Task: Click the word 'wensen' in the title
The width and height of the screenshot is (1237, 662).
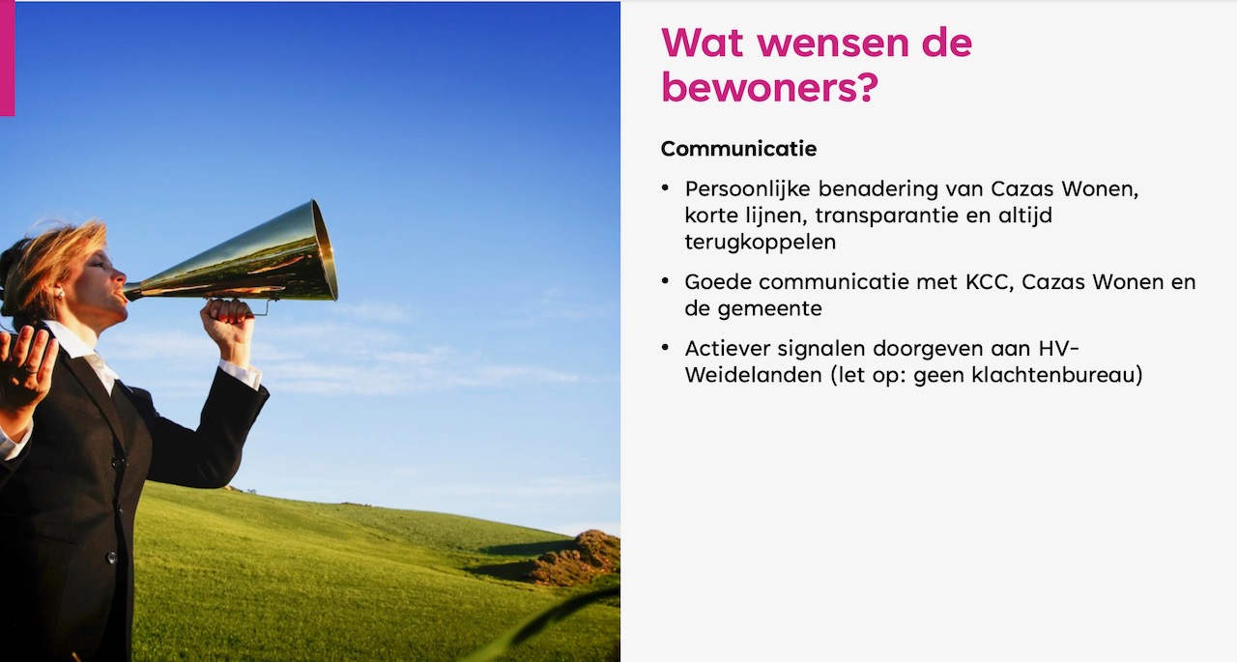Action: pyautogui.click(x=834, y=44)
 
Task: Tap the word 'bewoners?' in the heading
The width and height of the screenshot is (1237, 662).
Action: pyautogui.click(x=769, y=88)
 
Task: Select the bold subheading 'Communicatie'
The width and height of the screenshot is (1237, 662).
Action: pyautogui.click(x=738, y=149)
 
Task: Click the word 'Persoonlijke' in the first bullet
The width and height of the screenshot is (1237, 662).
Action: pyautogui.click(x=748, y=189)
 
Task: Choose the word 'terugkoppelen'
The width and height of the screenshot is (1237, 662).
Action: pyautogui.click(x=761, y=243)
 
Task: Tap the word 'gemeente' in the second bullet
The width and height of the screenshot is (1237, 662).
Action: pyautogui.click(x=770, y=309)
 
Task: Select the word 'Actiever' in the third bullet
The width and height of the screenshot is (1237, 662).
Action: pyautogui.click(x=728, y=349)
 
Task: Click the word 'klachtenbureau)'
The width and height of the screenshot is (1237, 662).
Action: pyautogui.click(x=1056, y=375)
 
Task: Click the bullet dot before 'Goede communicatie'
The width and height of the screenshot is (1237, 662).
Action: pyautogui.click(x=665, y=281)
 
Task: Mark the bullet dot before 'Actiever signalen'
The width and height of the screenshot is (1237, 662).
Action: pyautogui.click(x=665, y=348)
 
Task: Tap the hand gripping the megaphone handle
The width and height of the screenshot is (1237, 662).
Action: pyautogui.click(x=227, y=326)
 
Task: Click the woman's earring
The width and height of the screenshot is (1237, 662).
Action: pyautogui.click(x=60, y=293)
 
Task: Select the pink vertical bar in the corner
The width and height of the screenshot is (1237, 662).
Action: pyautogui.click(x=7, y=58)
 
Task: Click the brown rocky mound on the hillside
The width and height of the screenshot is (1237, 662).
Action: pyautogui.click(x=580, y=557)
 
